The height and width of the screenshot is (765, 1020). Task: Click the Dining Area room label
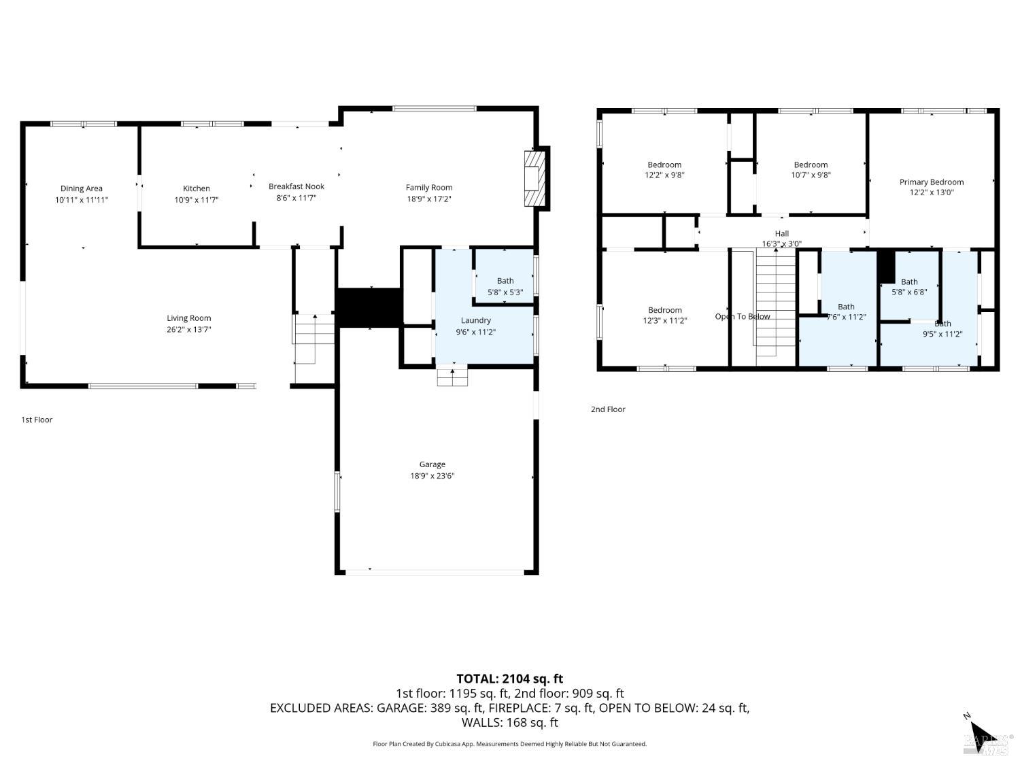[x=82, y=188]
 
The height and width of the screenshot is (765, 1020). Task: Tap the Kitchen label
[x=197, y=188]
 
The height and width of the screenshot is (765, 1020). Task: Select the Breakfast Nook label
[x=296, y=186]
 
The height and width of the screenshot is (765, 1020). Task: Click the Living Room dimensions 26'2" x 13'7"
[x=189, y=330]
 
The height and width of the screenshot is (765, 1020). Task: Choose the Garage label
[x=432, y=464]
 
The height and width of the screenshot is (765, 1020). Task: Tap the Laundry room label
[x=475, y=320]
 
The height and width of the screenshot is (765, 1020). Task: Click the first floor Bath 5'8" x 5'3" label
[x=505, y=281]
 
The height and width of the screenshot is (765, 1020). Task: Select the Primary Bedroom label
[x=932, y=182]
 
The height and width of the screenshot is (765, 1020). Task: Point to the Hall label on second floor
[x=782, y=233]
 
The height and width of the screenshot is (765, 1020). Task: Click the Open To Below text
[x=743, y=316]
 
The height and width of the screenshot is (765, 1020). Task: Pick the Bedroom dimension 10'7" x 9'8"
[x=811, y=175]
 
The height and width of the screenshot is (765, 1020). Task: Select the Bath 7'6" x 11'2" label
[x=846, y=307]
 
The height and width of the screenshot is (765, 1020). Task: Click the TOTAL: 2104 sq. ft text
[x=509, y=678]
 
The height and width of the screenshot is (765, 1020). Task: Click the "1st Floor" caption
[x=37, y=420]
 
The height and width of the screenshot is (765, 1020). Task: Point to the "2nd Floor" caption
[x=608, y=409]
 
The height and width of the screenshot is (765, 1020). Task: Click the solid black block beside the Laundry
[x=369, y=307]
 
